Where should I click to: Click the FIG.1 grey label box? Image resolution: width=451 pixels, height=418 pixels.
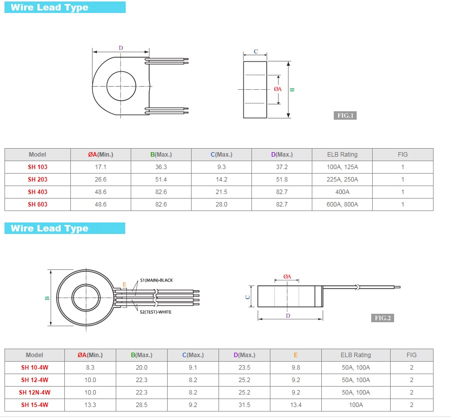point(345,116)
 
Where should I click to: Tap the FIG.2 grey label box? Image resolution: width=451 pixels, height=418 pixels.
point(383,318)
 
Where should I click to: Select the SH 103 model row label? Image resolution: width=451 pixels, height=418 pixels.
point(38,167)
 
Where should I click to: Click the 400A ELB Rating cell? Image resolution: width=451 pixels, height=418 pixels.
point(342,192)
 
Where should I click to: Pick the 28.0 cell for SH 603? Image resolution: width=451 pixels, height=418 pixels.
point(222,205)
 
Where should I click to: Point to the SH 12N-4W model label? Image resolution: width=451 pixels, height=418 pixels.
point(35,393)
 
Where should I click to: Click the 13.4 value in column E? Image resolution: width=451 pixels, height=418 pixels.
point(296,405)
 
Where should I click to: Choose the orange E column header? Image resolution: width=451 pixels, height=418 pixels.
point(296,355)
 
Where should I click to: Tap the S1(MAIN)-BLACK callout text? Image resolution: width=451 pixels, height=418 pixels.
point(157,280)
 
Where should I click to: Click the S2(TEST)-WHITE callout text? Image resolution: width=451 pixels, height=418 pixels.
point(156,312)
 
